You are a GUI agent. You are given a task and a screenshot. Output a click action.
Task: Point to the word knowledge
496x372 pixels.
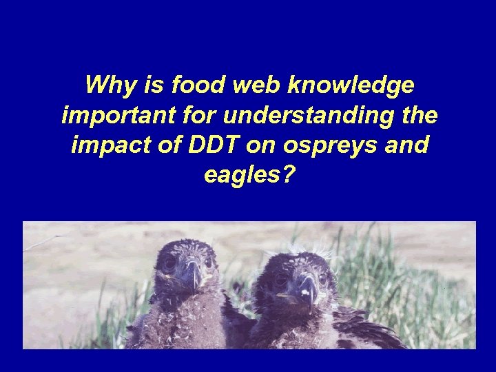click(x=352, y=87)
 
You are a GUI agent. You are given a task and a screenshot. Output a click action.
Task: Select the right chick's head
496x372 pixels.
click(x=300, y=272)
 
